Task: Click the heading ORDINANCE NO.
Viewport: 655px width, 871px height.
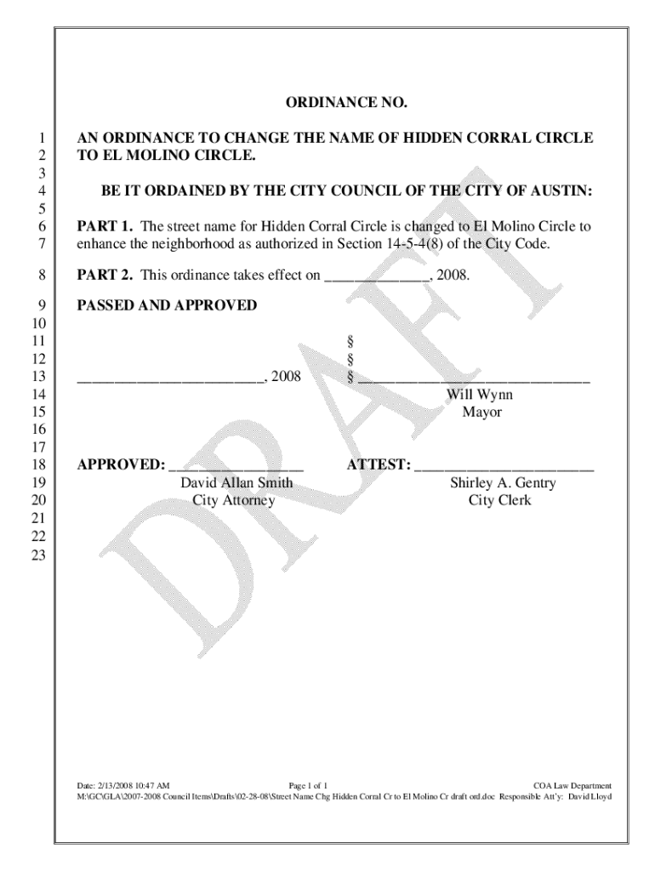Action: coord(346,104)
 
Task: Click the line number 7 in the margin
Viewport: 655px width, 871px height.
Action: coord(42,245)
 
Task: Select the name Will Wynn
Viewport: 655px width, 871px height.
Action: coord(481,396)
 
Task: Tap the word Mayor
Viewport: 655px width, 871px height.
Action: coord(481,413)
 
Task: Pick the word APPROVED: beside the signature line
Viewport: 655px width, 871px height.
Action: coord(121,465)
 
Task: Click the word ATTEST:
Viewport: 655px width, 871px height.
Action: coord(379,465)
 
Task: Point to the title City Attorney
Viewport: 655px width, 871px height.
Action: coord(233,500)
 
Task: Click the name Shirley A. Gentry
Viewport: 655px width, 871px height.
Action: coord(503,483)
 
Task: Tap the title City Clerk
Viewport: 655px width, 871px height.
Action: coord(499,500)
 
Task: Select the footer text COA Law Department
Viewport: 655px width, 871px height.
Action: coord(572,785)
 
